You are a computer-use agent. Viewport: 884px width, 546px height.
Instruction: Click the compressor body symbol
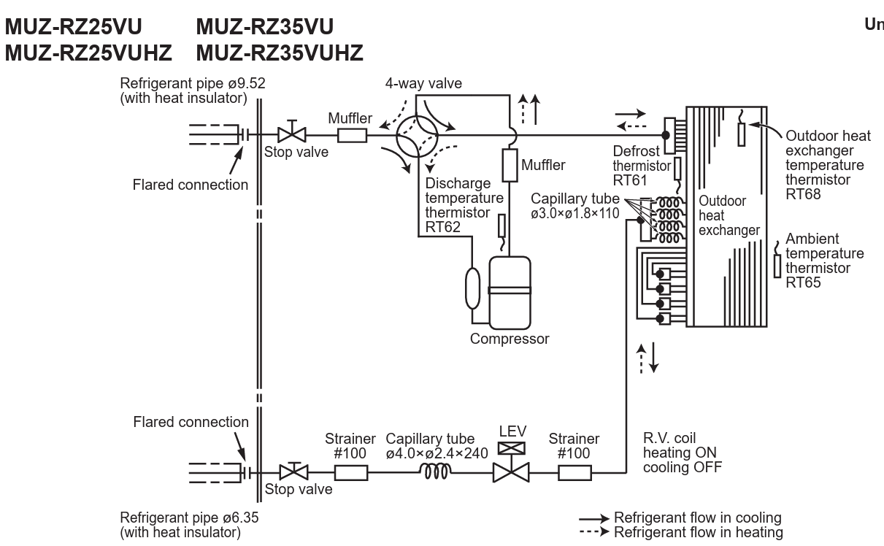[x=510, y=293]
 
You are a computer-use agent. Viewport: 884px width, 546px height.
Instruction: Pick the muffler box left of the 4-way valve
[x=352, y=136]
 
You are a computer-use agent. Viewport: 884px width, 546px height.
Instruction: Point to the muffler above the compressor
[x=510, y=165]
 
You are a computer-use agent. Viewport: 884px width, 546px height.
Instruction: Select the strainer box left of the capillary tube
[x=351, y=472]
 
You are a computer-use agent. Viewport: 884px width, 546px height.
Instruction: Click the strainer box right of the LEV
[x=574, y=472]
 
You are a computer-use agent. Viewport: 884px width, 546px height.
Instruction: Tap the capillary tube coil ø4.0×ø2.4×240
[x=435, y=471]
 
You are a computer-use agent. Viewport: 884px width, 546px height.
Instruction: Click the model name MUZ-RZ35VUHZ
[x=280, y=53]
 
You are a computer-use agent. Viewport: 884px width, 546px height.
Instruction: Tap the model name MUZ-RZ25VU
[x=74, y=27]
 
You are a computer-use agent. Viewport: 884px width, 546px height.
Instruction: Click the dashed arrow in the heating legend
[x=594, y=531]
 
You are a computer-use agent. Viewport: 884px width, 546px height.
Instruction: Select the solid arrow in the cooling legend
[x=594, y=518]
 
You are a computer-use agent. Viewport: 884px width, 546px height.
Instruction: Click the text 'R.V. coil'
[x=669, y=438]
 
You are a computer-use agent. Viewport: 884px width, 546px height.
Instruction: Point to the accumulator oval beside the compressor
[x=473, y=288]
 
